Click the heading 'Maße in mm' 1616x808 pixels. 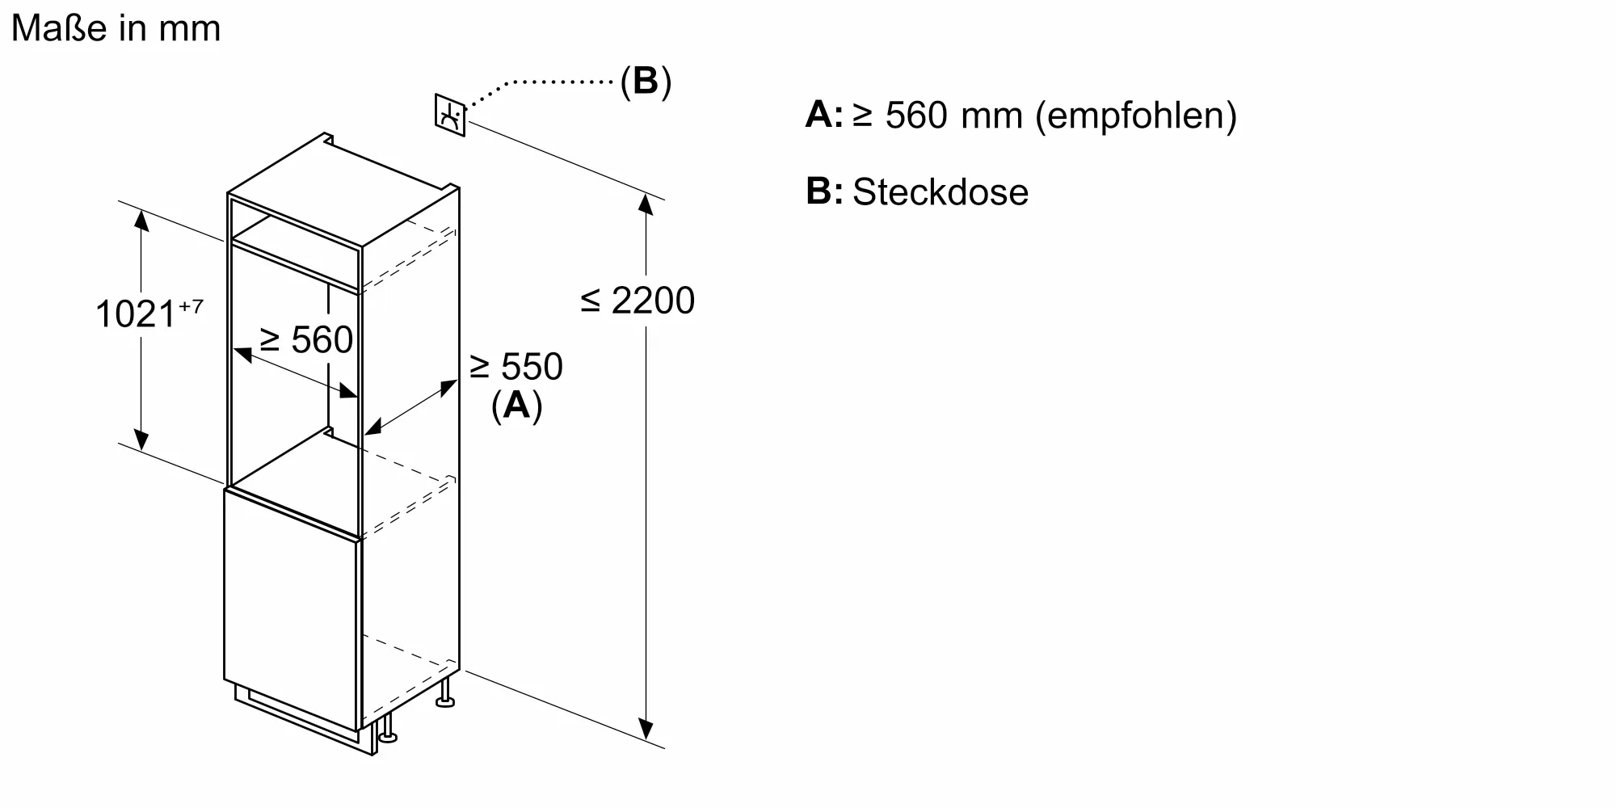pyautogui.click(x=116, y=29)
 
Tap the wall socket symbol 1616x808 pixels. pyautogui.click(x=450, y=116)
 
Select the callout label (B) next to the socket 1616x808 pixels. pyautogui.click(x=646, y=81)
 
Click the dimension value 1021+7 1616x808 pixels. pyautogui.click(x=149, y=314)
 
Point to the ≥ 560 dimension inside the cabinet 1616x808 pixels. pyautogui.click(x=306, y=339)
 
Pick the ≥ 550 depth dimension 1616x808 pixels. pyautogui.click(x=516, y=367)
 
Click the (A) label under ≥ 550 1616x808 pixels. pyautogui.click(x=516, y=405)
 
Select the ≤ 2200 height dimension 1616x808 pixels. pyautogui.click(x=638, y=301)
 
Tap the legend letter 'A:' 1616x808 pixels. pyautogui.click(x=823, y=116)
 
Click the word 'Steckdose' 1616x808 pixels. pyautogui.click(x=941, y=192)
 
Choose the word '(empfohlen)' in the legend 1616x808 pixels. pyautogui.click(x=1135, y=116)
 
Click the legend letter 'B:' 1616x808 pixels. pyautogui.click(x=823, y=192)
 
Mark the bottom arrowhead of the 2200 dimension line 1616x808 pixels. pyautogui.click(x=646, y=730)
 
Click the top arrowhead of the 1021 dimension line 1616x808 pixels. pyautogui.click(x=141, y=219)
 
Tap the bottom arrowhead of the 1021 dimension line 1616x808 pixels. pyautogui.click(x=141, y=440)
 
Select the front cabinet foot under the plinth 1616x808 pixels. pyautogui.click(x=388, y=732)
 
